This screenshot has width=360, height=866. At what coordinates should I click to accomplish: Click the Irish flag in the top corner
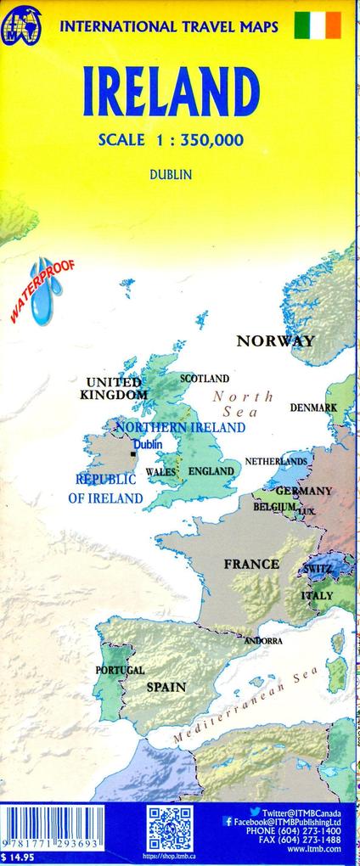[x=317, y=25]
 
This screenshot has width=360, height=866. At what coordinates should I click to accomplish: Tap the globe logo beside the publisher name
[x=25, y=25]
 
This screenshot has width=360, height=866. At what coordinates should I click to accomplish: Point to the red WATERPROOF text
[x=41, y=290]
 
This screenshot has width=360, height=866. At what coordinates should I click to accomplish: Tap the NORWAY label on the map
[x=275, y=341]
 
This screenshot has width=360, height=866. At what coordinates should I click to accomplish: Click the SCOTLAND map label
[x=205, y=378]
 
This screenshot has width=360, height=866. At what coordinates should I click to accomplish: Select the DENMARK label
[x=313, y=408]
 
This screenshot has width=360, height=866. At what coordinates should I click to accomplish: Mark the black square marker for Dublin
[x=132, y=455]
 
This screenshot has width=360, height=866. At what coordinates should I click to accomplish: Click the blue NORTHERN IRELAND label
[x=180, y=428]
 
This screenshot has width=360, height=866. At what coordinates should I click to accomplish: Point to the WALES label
[x=160, y=471]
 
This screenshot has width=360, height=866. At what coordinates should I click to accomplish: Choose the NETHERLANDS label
[x=276, y=461]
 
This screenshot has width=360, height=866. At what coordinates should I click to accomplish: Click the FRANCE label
[x=251, y=564]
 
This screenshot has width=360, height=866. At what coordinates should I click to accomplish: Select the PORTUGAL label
[x=120, y=670]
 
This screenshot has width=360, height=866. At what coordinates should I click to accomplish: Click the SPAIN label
[x=166, y=686]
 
